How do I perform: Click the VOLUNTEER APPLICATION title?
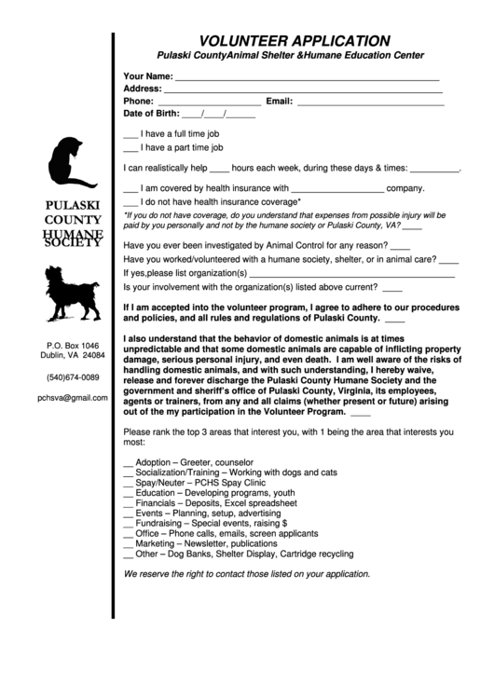pyautogui.click(x=295, y=40)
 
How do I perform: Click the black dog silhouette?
pyautogui.click(x=71, y=292)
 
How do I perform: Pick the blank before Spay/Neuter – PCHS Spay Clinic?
pyautogui.click(x=128, y=485)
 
